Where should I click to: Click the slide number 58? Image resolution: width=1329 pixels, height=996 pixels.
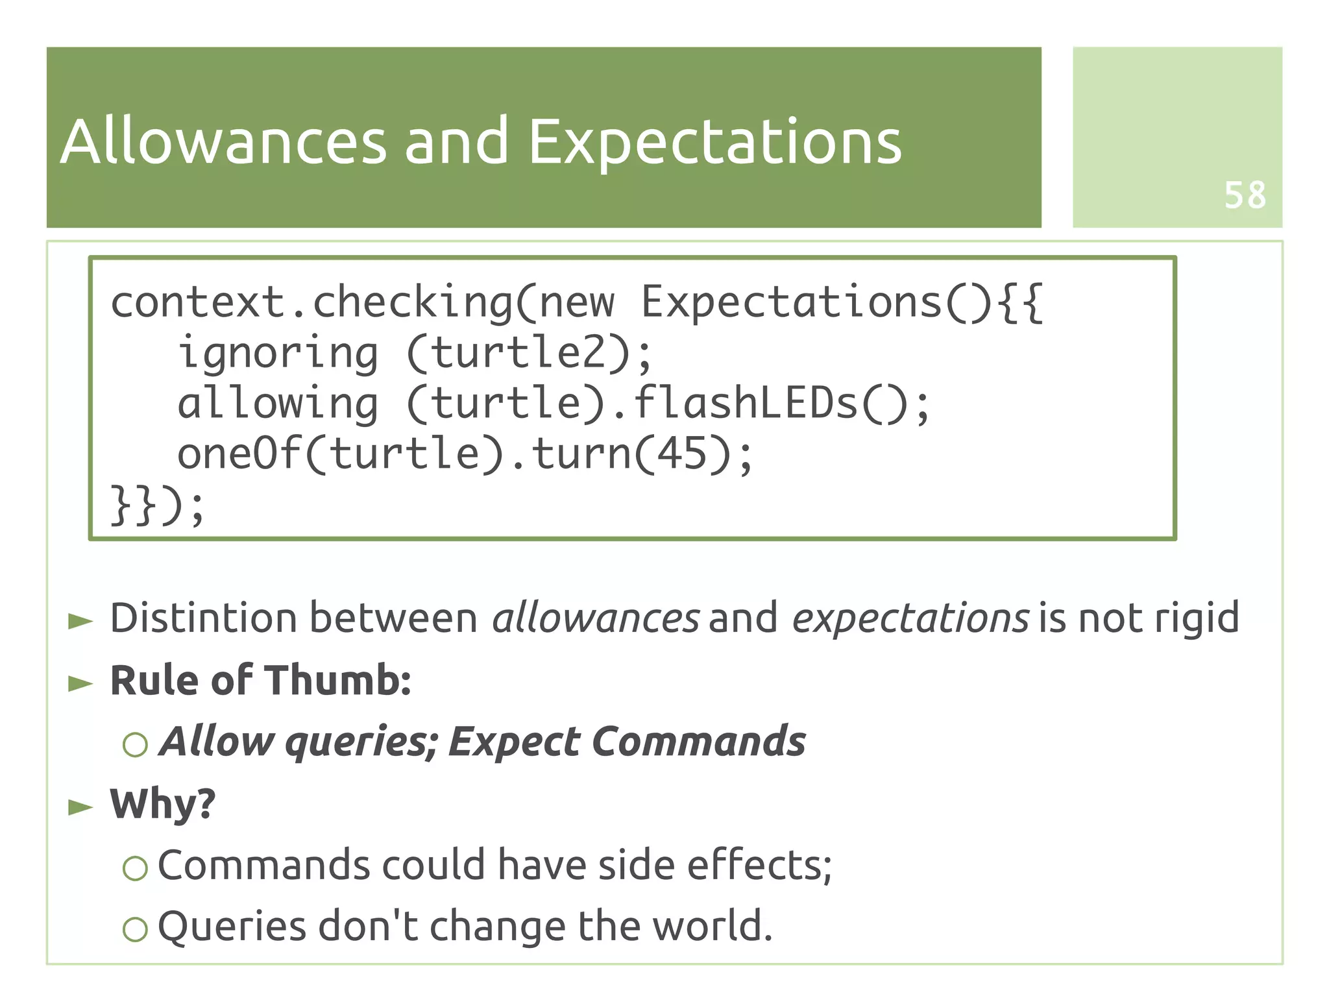coord(1245,195)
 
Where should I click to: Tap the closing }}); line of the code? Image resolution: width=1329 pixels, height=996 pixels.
coord(158,505)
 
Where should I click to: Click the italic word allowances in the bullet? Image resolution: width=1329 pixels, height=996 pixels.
coord(595,617)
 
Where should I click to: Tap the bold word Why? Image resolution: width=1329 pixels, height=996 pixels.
coord(162,804)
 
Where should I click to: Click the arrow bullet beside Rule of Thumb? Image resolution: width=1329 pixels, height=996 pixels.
coord(80,683)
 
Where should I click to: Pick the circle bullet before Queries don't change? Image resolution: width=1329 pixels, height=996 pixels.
coord(135,929)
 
